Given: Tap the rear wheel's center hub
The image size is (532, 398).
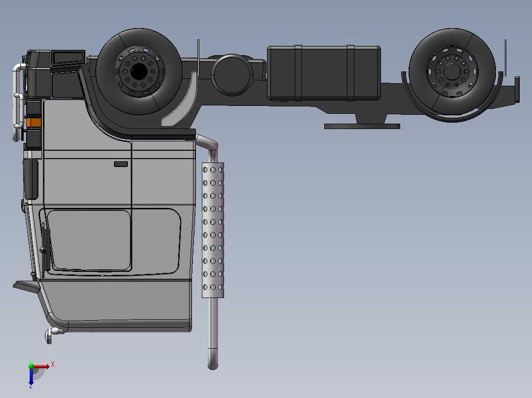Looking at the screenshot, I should click(452, 71).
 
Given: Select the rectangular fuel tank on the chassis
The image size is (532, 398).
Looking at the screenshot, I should click(323, 73).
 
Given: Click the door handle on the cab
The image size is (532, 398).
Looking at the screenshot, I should click(121, 164).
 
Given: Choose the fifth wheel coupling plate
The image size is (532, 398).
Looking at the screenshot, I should click(362, 126).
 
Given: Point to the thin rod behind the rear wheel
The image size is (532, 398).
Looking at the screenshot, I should click(505, 57).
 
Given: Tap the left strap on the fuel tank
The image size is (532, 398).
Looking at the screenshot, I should click(298, 73).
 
